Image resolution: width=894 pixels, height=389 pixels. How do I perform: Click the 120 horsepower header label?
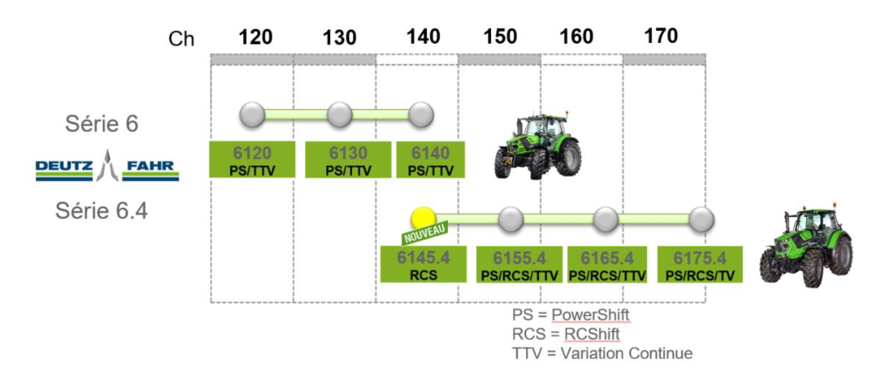point(255,37)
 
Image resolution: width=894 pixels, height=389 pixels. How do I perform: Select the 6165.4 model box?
point(607,263)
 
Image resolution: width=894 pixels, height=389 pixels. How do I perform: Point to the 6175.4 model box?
point(700,263)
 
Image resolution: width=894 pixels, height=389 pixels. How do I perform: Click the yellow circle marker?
point(423,218)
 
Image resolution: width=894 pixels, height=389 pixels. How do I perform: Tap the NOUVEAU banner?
point(425,234)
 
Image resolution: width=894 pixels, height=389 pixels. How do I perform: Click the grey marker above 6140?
point(421,114)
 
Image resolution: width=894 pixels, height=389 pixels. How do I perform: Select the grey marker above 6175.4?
point(700,219)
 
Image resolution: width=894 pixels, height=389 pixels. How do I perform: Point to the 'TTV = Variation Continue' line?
point(602,353)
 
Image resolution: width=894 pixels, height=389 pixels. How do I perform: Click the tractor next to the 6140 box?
point(537,146)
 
